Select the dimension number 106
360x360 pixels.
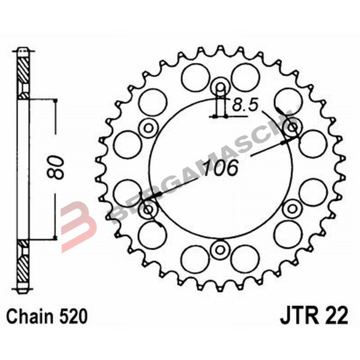click(x=220, y=168)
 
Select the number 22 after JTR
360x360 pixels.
click(x=336, y=316)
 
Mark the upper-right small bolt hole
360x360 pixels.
click(x=292, y=127)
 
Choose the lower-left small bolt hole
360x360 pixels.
click(x=148, y=209)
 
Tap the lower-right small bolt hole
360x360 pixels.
click(x=292, y=208)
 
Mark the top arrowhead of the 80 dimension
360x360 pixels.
click(x=55, y=102)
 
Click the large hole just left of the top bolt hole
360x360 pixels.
click(x=195, y=75)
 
